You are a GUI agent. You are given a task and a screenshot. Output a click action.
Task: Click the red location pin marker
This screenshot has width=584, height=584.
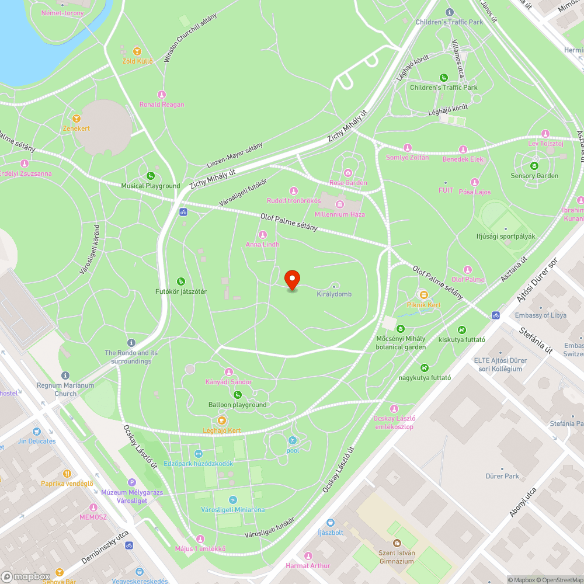tap(292, 280)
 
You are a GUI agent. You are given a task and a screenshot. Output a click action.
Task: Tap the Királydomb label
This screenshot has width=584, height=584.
tap(334, 294)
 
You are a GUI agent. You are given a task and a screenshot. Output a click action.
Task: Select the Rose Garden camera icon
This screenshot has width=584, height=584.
tap(348, 172)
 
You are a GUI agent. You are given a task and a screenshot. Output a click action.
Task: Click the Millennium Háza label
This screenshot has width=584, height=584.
tap(339, 214)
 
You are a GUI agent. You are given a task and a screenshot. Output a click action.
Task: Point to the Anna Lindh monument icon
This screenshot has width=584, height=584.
tap(262, 235)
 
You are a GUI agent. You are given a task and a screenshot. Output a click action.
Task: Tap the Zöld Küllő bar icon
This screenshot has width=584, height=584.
tap(137, 51)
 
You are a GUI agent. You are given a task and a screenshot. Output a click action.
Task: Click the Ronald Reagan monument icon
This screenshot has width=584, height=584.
tap(162, 95)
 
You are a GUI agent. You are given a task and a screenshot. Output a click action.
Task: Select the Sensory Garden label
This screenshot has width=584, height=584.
tap(534, 176)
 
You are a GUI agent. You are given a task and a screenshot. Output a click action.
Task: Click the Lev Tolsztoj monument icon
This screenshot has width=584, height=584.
tap(545, 133)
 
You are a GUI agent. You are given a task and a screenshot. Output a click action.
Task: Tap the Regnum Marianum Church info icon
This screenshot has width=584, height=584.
tap(65, 376)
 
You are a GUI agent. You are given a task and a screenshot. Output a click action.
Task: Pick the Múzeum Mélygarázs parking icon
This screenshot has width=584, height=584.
tap(132, 482)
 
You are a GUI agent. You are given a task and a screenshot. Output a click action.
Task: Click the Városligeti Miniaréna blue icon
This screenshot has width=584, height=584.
tap(233, 500)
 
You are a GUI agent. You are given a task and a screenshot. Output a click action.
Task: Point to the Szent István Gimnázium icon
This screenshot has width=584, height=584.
tap(397, 543)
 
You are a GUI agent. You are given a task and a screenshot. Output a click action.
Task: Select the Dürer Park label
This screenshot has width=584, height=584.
tap(502, 476)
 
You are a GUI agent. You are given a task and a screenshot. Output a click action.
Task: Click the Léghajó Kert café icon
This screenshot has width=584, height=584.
tap(222, 420)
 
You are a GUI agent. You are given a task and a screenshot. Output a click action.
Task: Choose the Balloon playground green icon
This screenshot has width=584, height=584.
tap(238, 395)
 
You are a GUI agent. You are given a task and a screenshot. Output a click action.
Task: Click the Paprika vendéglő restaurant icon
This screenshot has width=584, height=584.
tap(68, 474)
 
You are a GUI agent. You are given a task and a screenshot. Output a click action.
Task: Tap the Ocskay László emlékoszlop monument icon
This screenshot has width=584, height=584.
tap(394, 408)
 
